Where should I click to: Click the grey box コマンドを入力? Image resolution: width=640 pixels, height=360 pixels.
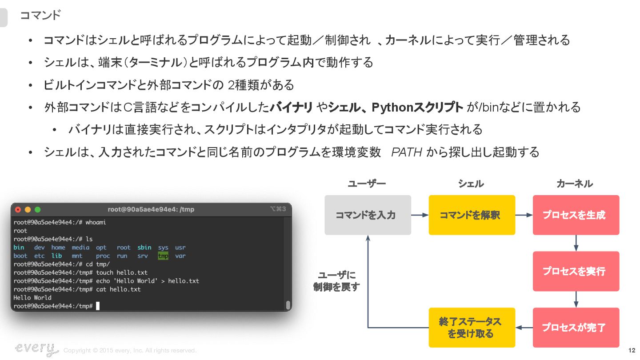pos(368,215)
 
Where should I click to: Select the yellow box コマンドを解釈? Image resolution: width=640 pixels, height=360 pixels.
pos(472,215)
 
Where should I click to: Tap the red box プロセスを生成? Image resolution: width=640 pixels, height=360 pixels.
pos(576,215)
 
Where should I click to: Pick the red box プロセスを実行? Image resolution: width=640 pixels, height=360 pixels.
pos(576,271)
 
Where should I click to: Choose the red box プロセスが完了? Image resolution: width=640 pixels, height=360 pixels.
pos(576,328)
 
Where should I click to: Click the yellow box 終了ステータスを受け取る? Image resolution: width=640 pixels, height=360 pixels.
pos(472,328)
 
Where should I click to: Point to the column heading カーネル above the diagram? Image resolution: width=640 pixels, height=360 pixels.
pos(575,184)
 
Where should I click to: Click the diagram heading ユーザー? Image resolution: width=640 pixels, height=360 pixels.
pos(367,184)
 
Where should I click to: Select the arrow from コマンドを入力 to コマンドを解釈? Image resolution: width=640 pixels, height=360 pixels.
pos(420,215)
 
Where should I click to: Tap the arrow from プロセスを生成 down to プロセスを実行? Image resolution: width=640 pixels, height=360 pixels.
pos(576,243)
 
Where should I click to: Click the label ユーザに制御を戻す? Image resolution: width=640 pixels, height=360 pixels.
pos(336,281)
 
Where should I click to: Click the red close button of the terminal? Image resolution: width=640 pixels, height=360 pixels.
pos(18,209)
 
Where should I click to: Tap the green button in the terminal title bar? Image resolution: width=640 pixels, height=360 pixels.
pos(38,209)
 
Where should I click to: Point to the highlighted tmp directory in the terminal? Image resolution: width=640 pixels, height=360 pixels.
pos(163,256)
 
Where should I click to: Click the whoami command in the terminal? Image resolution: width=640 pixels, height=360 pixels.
pos(96,222)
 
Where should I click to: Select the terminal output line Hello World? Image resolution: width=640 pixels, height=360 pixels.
pos(32,298)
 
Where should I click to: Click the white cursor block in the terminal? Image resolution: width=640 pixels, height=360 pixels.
pos(98,306)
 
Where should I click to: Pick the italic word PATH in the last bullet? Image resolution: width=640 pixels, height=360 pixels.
pos(406,152)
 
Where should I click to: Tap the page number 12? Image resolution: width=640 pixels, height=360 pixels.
pos(632,350)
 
